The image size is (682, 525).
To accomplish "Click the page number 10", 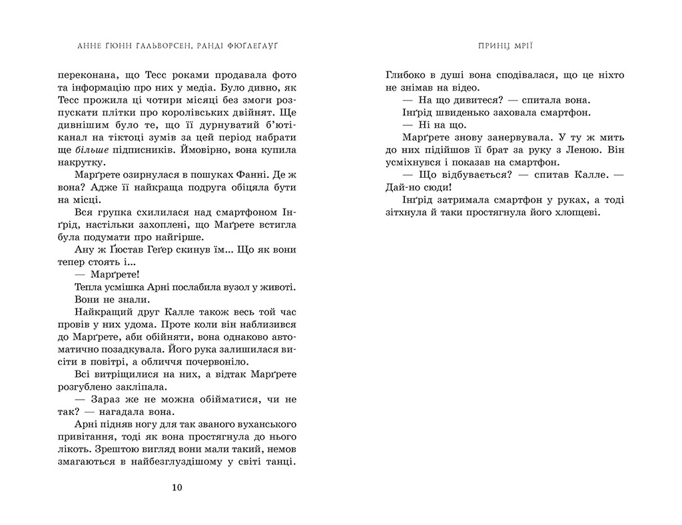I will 176,487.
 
